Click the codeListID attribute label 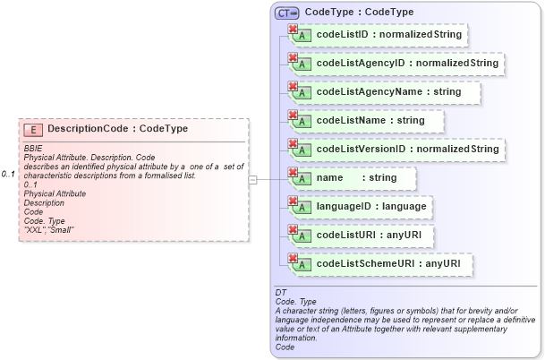388,35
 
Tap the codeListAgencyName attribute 388,92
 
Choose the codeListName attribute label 370,120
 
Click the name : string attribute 356,177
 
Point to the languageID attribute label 370,206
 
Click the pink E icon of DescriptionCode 33,130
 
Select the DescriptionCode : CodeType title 117,129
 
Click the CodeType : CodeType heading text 359,13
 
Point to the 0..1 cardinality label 9,173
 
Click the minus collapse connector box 253,179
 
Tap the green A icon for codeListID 304,38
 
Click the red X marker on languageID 292,201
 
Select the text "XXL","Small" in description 49,230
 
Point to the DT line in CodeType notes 281,293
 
